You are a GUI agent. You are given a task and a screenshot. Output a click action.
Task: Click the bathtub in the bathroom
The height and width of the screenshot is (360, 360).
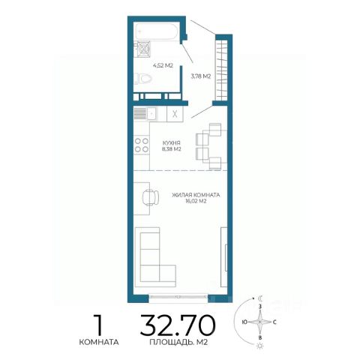pos(157,31)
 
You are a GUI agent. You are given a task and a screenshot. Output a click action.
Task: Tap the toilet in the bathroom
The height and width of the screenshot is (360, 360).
pos(143,79)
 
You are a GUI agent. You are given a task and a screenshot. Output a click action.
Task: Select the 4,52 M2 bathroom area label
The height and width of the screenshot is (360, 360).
pos(163,66)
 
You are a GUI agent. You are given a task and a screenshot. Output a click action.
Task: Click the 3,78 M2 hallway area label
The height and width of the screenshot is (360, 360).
pos(201,76)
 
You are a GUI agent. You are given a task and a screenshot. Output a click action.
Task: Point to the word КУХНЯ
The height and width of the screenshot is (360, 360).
pos(171,143)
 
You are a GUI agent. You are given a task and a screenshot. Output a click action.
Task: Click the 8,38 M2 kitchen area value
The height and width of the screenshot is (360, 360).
pos(171,149)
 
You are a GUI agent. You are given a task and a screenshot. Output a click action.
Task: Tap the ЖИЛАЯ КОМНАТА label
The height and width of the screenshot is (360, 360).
pos(196,195)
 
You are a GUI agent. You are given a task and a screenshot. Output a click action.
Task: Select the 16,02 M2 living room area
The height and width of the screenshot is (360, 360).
pos(196,201)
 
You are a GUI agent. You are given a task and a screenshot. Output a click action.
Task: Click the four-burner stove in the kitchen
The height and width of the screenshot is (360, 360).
pos(142,145)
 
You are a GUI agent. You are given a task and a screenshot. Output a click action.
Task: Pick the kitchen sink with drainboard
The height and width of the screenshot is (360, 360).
pos(145,114)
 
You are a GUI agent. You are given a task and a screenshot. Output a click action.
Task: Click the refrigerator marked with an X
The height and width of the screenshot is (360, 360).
pos(175,114)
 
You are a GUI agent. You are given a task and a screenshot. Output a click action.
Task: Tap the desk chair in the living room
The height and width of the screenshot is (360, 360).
pos(151,197)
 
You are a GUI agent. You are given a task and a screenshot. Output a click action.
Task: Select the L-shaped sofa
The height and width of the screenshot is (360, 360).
pos(155,257)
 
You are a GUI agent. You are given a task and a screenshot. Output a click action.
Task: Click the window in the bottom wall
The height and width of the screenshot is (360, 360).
pos(178,297)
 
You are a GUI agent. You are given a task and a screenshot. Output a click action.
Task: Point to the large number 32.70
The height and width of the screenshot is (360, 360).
pos(178,325)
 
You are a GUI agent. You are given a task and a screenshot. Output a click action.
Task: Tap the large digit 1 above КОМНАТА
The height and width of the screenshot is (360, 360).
pos(99,325)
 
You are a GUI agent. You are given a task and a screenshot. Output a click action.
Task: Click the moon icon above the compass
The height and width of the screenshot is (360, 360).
pos(261,298)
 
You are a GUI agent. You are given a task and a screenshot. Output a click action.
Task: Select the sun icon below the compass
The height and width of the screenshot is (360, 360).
pos(260,346)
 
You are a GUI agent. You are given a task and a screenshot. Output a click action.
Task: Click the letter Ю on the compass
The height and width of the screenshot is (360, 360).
pos(244,322)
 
